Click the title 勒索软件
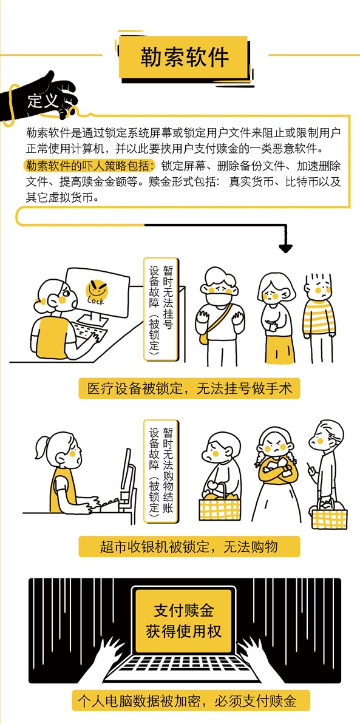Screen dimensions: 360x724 [185, 57]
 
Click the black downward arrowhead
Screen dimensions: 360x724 [285, 248]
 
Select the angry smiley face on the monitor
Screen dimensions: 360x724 [97, 289]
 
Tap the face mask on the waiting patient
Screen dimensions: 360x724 [220, 299]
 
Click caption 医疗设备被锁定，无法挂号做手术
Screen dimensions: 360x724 [189, 388]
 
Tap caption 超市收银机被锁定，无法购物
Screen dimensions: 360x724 [189, 547]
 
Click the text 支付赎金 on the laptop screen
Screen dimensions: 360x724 [184, 611]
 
